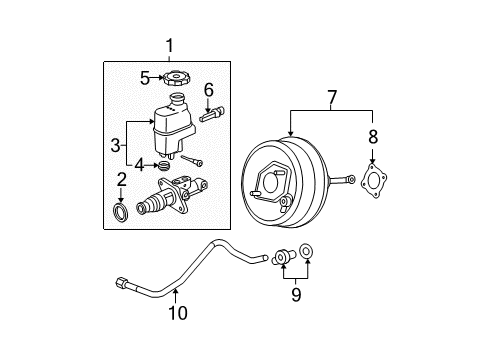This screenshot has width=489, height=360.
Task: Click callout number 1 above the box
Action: pyautogui.click(x=169, y=46)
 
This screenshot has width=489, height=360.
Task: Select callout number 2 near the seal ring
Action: pyautogui.click(x=121, y=179)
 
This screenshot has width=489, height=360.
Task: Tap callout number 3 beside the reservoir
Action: pyautogui.click(x=116, y=144)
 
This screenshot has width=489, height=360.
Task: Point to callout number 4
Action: pyautogui.click(x=140, y=164)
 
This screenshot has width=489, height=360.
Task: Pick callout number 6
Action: pyautogui.click(x=208, y=90)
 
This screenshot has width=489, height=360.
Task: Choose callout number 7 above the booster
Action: pyautogui.click(x=331, y=96)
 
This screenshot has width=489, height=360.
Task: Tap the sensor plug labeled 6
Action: pyautogui.click(x=213, y=115)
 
